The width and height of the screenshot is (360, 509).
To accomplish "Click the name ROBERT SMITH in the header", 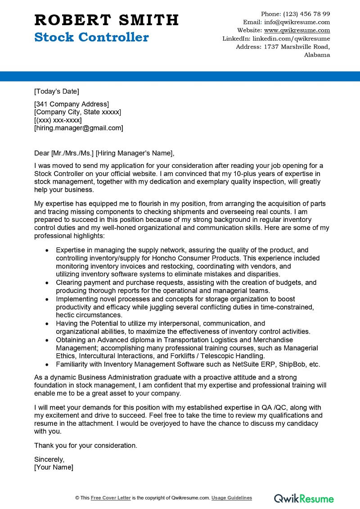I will (107, 20).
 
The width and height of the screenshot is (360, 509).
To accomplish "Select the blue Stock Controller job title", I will (91, 37).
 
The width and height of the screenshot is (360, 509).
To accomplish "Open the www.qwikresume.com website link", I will (297, 30).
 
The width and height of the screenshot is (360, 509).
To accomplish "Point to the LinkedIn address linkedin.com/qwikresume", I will (291, 39).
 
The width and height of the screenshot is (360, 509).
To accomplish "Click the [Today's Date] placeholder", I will (57, 91).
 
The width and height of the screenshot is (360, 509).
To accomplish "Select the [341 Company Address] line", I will (72, 104).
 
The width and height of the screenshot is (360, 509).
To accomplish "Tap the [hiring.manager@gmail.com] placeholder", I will (79, 128).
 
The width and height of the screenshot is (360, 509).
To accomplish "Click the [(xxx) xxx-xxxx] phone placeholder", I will (58, 120).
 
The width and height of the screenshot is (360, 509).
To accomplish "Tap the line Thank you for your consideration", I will (85, 445).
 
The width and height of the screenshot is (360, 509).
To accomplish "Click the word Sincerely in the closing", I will (49, 459).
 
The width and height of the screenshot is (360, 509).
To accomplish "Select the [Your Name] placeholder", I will (54, 467).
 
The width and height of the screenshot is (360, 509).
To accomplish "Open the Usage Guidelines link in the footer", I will (232, 498).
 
